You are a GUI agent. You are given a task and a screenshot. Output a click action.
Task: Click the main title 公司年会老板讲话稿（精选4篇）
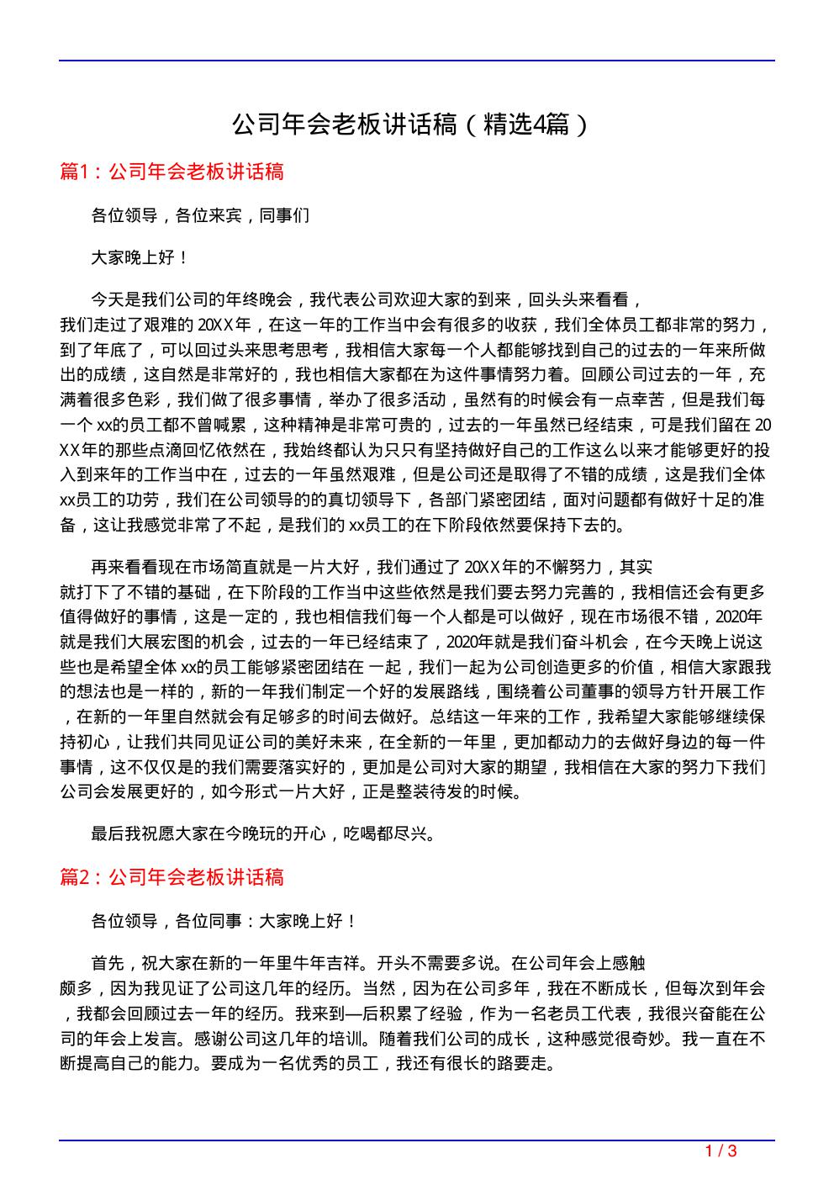tap(412, 125)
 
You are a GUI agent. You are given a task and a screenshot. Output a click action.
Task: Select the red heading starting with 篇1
tap(172, 172)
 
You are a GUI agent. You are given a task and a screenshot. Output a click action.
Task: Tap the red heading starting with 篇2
tap(172, 878)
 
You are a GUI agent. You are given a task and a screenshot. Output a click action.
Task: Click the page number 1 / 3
tap(721, 1151)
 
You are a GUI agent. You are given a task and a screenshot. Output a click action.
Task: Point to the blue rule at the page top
tap(417, 61)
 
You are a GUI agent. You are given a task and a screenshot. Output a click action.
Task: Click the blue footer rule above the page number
tap(417, 1140)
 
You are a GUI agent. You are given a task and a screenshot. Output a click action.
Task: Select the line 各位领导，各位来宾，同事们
tap(200, 216)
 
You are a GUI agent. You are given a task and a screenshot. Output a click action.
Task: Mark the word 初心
tap(100, 742)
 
